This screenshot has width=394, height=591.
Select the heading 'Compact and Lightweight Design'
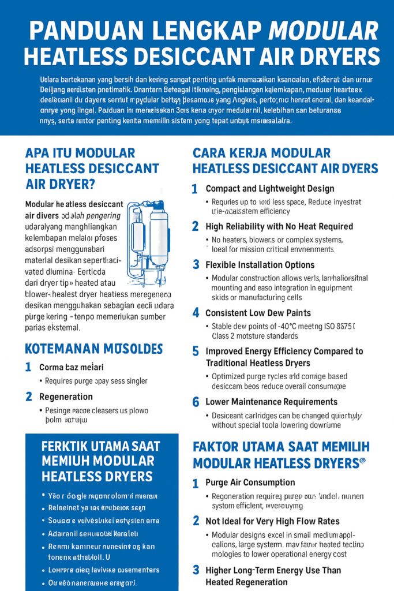269,189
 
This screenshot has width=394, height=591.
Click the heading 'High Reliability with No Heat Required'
279,227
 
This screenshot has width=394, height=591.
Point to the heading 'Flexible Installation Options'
260,265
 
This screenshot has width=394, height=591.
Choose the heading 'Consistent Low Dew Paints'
258,313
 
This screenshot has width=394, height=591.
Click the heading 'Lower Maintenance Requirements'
271,402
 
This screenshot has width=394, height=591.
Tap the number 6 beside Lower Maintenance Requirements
195,402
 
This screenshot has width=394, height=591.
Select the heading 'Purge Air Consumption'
250,482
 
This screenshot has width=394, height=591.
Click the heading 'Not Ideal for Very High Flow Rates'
272,521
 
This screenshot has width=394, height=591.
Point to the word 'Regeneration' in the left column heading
66,397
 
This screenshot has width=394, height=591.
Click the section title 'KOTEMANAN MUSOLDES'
93,349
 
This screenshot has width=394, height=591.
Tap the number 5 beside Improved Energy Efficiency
195,351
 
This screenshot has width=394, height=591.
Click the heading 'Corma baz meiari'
71,367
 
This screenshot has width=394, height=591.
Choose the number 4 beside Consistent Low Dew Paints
195,313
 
